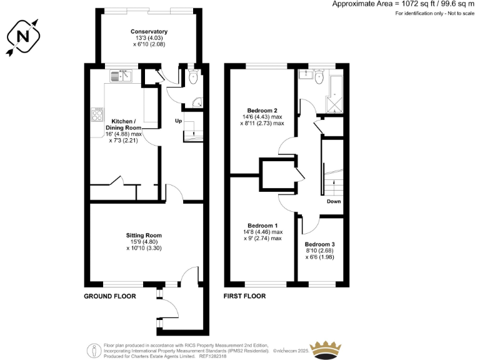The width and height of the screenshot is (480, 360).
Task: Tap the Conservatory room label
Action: pyautogui.click(x=149, y=32)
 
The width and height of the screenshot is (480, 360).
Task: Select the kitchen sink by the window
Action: pyautogui.click(x=119, y=76)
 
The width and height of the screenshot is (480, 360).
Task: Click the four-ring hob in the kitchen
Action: pyautogui.click(x=98, y=114)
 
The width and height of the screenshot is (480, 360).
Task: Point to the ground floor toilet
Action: pyautogui.click(x=192, y=77)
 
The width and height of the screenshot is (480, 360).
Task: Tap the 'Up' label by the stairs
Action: pyautogui.click(x=178, y=120)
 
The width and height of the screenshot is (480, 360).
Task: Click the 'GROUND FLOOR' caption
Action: pyautogui.click(x=109, y=296)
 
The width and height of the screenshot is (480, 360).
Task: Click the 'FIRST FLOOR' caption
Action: pyautogui.click(x=245, y=296)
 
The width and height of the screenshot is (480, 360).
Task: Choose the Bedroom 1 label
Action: pyautogui.click(x=262, y=226)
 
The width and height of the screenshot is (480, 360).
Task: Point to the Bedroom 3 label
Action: pyautogui.click(x=320, y=244)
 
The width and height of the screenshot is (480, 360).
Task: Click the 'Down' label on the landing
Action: pyautogui.click(x=333, y=202)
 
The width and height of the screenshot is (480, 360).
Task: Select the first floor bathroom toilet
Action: pyautogui.click(x=319, y=77)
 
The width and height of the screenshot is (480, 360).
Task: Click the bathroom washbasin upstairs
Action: pyautogui.click(x=306, y=76)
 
